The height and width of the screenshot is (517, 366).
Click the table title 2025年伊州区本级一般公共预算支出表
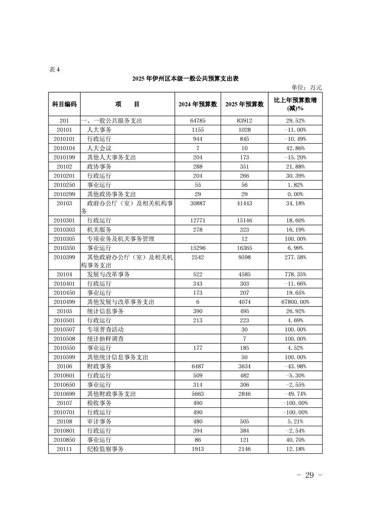coord(185,79)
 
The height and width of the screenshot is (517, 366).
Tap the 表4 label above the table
coord(54,70)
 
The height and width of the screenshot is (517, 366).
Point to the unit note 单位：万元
coord(306,87)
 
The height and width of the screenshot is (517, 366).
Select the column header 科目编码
coord(64,104)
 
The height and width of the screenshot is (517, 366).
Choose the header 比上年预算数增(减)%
coord(295,104)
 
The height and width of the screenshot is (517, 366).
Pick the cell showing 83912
coord(244,121)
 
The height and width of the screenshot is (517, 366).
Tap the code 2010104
coord(64,148)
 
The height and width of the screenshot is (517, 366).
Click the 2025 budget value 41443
coord(244,203)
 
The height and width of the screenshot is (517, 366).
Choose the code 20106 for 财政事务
coord(64,366)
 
